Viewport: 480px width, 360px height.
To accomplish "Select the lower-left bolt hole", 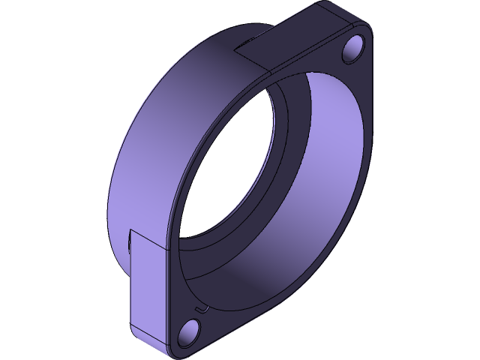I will (190, 330).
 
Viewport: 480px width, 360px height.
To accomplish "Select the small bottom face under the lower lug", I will (150, 342).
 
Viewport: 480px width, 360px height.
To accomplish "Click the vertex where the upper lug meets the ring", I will (235, 51).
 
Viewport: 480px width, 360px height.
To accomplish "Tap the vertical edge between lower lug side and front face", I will (174, 292).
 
